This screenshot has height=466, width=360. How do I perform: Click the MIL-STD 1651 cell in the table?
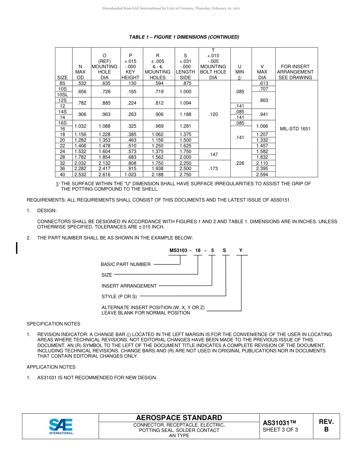295,129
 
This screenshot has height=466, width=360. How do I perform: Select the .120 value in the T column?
213,114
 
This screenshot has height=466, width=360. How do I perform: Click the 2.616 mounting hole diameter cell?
105,175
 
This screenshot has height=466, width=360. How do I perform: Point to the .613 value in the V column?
263,83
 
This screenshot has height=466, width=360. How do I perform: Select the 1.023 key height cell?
130,175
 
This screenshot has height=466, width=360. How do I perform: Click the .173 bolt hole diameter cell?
213,169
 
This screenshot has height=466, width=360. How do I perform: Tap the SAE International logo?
61,426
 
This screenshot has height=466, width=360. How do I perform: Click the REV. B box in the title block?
326,426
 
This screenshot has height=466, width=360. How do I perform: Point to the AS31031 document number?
279,423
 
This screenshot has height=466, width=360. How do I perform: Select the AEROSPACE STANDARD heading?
179,418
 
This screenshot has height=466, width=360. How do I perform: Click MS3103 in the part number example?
178,250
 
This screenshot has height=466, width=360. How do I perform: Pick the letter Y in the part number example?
241,250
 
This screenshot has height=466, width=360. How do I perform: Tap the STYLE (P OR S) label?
119,297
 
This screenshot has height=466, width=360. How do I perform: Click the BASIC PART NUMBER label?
125,264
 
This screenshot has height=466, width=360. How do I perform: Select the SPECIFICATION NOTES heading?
53,324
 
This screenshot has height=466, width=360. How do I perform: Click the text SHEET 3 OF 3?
280,430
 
